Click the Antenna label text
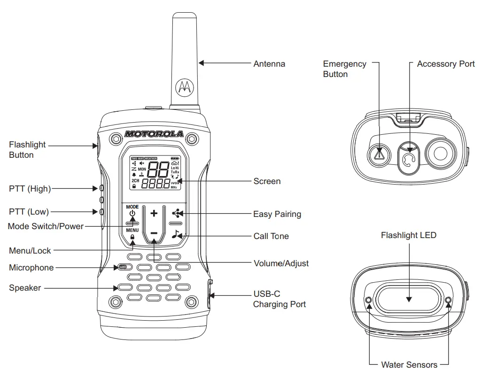point(269,64)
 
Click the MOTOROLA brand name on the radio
point(154,134)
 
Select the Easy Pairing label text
point(277,214)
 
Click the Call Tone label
point(271,236)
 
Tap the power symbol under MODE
point(132,213)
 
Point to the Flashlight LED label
point(408,235)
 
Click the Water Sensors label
point(409,365)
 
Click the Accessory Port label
point(446,64)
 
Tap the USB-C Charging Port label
point(279,299)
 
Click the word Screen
point(267,181)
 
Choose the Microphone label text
point(31,268)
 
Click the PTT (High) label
point(30,189)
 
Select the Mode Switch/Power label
point(46,226)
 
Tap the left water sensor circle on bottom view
point(368,300)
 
